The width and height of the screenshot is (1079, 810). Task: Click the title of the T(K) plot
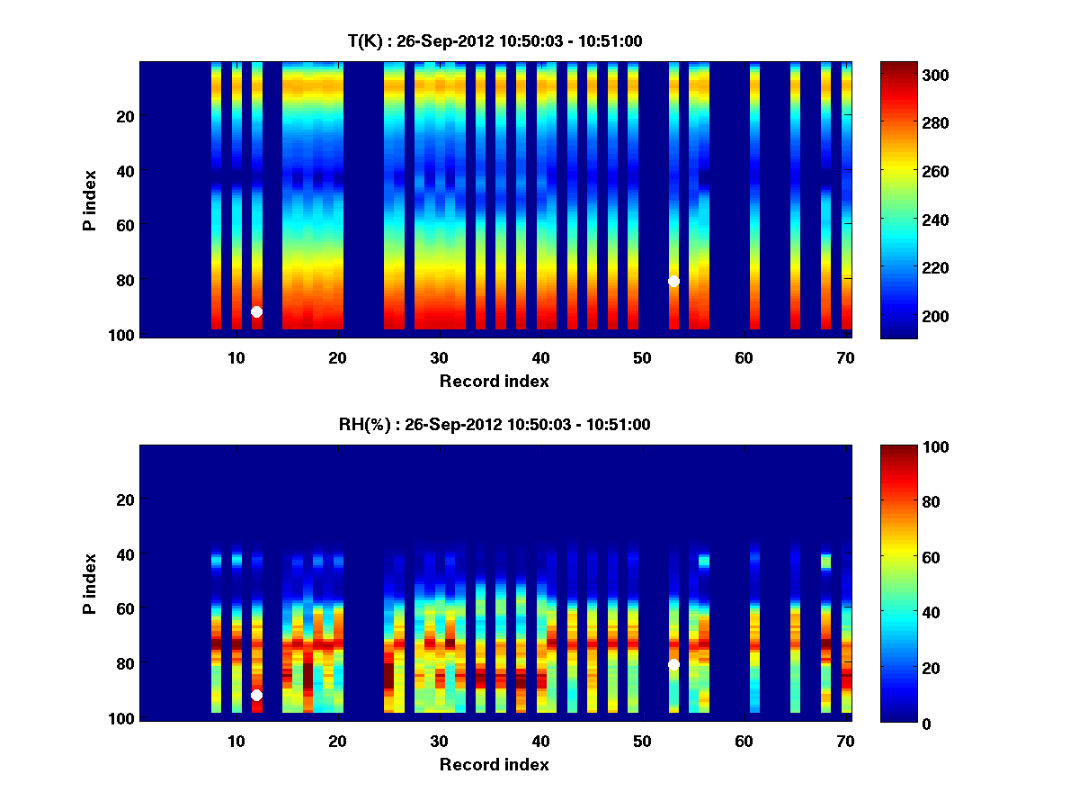point(495,41)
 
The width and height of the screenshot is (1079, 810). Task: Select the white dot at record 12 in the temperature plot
point(256,311)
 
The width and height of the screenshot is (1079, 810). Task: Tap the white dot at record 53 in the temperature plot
point(673,281)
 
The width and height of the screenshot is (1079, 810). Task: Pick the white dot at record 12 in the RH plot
point(256,695)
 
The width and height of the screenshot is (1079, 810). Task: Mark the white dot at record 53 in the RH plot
point(673,664)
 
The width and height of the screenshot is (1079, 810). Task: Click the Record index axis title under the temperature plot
point(495,381)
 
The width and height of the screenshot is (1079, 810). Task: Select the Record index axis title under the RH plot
point(495,764)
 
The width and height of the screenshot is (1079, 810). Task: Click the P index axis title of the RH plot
point(90,583)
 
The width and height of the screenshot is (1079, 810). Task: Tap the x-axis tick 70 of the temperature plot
point(845,357)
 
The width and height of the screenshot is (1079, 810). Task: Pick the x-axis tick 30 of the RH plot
point(439,741)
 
